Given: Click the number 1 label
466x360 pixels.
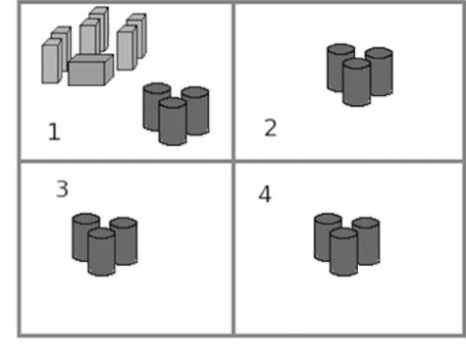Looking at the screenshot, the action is [54, 131].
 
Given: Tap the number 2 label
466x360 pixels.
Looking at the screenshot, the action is [271, 128].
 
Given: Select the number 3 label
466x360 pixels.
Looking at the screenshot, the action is [62, 188].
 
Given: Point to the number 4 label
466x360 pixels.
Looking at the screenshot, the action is [265, 194].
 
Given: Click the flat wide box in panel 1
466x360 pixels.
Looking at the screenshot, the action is [91, 70].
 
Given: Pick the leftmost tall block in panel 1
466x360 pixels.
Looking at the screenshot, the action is [52, 61].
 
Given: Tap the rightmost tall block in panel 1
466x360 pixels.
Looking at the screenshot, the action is [136, 36].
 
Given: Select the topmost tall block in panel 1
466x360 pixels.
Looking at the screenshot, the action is [99, 29].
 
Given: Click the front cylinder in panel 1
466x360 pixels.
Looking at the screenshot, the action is [173, 122].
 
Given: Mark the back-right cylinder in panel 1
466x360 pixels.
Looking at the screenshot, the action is [195, 111].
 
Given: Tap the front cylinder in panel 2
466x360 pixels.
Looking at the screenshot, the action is [357, 82].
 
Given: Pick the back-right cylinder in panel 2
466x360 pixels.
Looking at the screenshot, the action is [380, 72].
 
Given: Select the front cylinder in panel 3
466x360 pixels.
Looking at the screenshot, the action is [101, 252].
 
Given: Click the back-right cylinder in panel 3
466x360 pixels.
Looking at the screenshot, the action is [124, 241].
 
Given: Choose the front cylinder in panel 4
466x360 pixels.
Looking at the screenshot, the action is [343, 252].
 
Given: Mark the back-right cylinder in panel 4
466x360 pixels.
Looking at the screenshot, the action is [366, 241].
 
